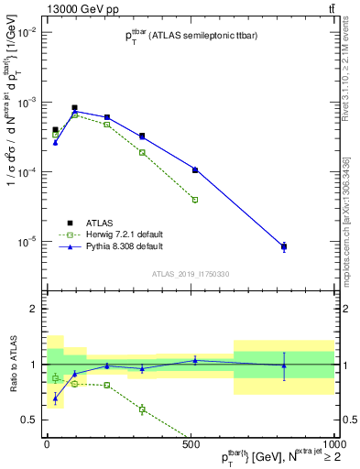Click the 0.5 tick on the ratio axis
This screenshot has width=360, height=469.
tap(28, 420)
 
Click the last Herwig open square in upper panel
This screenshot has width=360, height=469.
tap(195, 199)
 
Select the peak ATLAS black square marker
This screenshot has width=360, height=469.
tap(74, 107)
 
